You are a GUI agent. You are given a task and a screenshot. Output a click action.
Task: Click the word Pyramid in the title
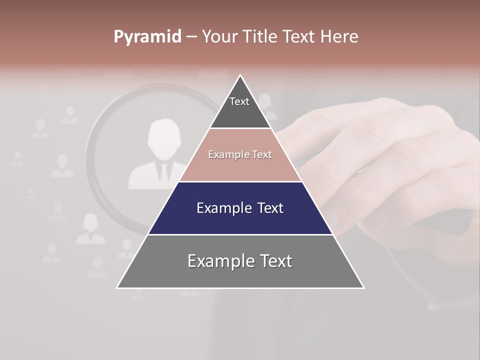coord(147,37)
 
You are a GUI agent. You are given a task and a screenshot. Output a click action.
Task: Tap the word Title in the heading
coord(259,36)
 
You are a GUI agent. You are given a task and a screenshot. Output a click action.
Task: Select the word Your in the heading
coord(219,36)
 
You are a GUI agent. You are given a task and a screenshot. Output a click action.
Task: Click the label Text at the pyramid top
coord(239,101)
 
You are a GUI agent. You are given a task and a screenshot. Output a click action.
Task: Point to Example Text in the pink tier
coord(240,154)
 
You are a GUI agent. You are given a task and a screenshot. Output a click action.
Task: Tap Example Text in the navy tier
coord(240,208)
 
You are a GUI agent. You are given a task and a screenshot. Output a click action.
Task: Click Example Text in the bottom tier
coord(240,261)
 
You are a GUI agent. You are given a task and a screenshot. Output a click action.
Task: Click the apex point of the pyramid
coord(240,75)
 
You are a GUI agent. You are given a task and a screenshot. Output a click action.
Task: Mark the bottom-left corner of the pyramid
coord(117,287)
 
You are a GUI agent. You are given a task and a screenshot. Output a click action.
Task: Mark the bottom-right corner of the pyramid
coord(363,287)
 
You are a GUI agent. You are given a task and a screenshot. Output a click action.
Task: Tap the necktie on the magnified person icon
coord(163,171)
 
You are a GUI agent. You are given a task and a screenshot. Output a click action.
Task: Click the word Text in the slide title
coord(299,36)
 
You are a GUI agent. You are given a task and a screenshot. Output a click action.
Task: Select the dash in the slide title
coord(192,37)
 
